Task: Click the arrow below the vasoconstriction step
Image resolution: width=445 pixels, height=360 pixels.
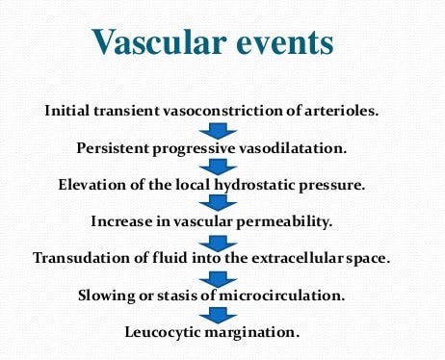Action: [x=223, y=130]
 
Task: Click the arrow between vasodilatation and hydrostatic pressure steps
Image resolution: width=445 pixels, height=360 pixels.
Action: [x=223, y=167]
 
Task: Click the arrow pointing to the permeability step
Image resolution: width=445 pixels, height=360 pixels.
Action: [x=223, y=204]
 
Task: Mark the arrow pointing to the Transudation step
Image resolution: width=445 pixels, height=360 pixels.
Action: [x=223, y=241]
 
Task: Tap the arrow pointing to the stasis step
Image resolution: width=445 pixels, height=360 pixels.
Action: [x=223, y=278]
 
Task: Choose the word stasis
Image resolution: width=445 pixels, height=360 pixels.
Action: [x=186, y=295]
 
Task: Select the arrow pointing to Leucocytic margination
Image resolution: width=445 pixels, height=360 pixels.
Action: [x=223, y=315]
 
